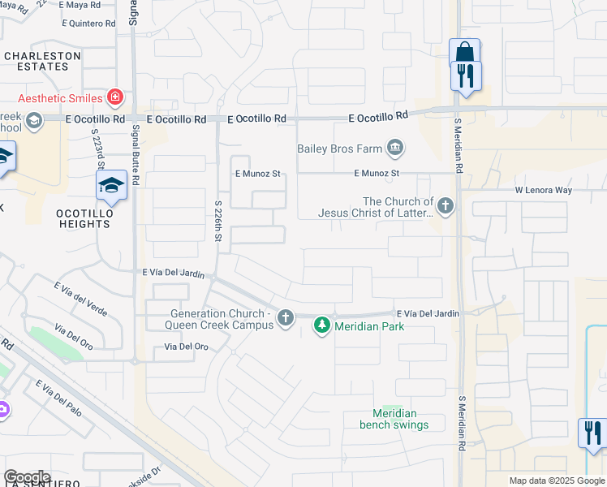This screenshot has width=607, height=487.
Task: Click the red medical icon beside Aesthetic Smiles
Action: [x=115, y=98]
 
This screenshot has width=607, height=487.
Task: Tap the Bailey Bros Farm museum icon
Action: [x=395, y=148]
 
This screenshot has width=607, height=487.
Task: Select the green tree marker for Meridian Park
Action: [x=322, y=326]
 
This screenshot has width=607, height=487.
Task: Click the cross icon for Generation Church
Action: [x=285, y=318]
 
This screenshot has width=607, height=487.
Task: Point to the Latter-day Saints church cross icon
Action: [x=445, y=206]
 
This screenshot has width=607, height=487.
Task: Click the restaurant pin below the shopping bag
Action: [x=466, y=75]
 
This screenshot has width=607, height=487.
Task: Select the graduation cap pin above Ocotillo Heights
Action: [x=112, y=187]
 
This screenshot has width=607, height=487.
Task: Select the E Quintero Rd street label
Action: [x=88, y=24]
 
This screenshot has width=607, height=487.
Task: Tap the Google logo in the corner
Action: [x=27, y=477]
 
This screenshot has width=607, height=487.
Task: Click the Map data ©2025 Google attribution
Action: [x=556, y=481]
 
